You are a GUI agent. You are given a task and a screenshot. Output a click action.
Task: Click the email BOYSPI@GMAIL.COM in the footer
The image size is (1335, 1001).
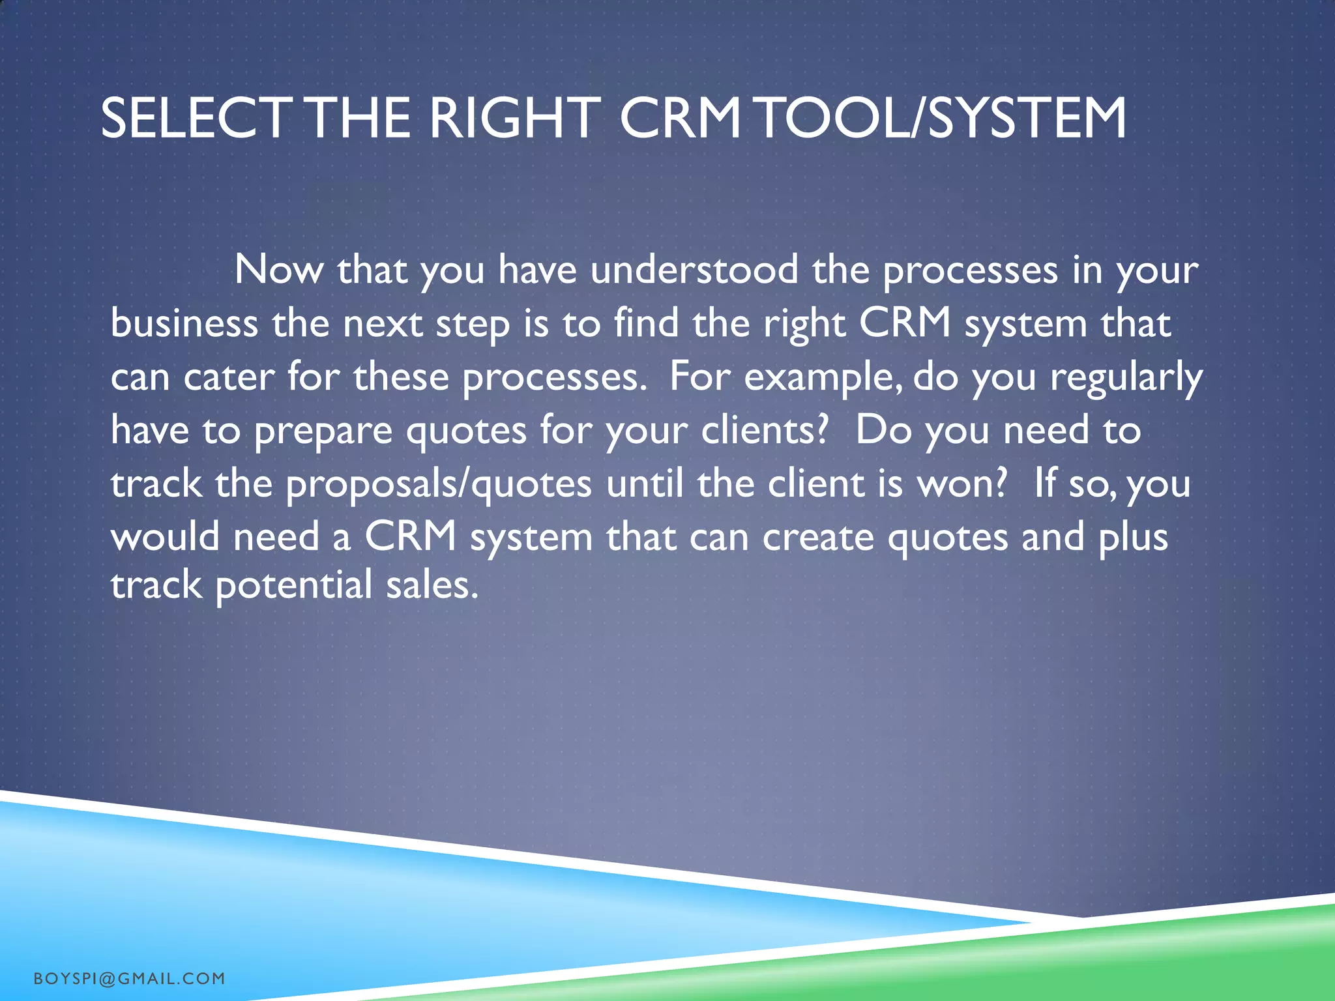[129, 978]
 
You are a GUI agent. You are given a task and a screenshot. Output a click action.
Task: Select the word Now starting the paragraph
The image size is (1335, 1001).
[278, 269]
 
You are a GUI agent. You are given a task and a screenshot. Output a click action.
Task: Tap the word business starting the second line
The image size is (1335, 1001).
[184, 323]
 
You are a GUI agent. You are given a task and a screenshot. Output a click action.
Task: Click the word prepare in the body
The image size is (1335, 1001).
[323, 431]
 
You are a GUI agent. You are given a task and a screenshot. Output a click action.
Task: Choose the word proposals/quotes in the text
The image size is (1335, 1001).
[439, 485]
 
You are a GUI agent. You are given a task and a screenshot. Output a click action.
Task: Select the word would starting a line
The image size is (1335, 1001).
[165, 537]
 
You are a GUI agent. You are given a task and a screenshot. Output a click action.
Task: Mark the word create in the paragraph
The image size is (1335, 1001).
[817, 537]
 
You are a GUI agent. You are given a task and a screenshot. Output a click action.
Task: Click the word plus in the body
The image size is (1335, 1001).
[1133, 538]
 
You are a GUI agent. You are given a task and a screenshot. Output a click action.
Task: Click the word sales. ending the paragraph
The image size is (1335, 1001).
[432, 585]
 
